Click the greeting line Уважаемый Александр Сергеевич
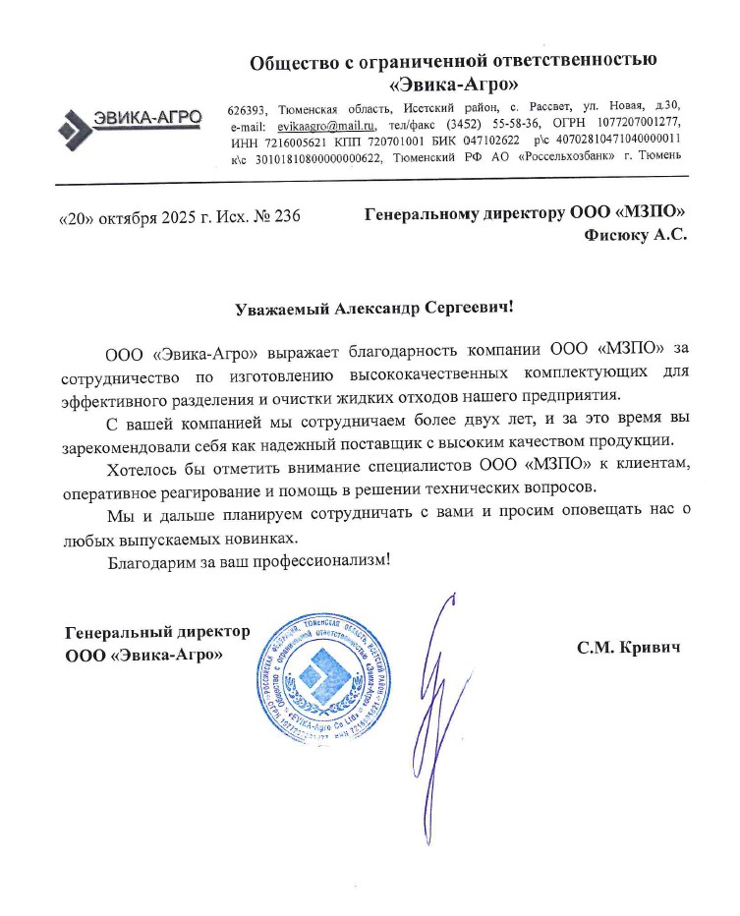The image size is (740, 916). tap(374, 308)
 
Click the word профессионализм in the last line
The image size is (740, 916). tap(321, 561)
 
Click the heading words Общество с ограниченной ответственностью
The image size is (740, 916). tap(453, 63)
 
